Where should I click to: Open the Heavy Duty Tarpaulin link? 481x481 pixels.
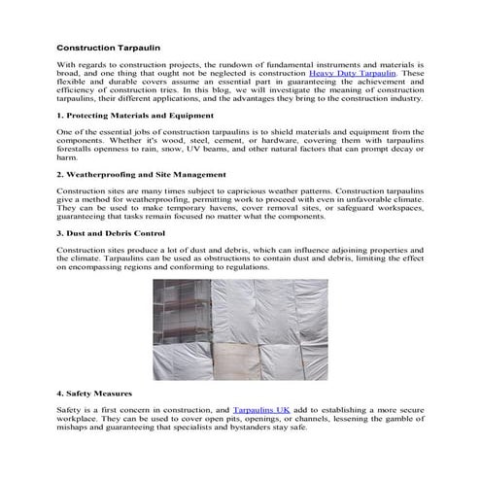353,73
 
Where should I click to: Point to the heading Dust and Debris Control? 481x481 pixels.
115,233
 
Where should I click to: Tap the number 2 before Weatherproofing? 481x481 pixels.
59,174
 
